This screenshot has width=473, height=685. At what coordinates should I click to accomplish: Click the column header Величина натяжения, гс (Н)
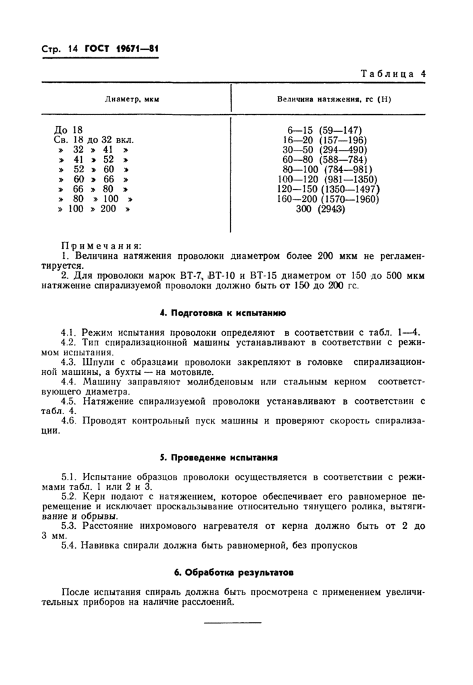(x=334, y=99)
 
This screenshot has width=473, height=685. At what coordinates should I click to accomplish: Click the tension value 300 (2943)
(x=320, y=209)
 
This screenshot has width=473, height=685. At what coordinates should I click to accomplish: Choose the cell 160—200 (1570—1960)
(x=328, y=199)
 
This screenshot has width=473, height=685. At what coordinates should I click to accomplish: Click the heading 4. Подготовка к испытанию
(x=233, y=313)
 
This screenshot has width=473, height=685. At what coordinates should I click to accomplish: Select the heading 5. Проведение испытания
(x=233, y=457)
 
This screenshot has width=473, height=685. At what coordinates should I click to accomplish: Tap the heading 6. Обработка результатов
(x=233, y=572)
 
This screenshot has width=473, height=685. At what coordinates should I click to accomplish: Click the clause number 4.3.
(x=70, y=361)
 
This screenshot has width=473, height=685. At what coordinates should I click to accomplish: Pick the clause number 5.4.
(x=70, y=544)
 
